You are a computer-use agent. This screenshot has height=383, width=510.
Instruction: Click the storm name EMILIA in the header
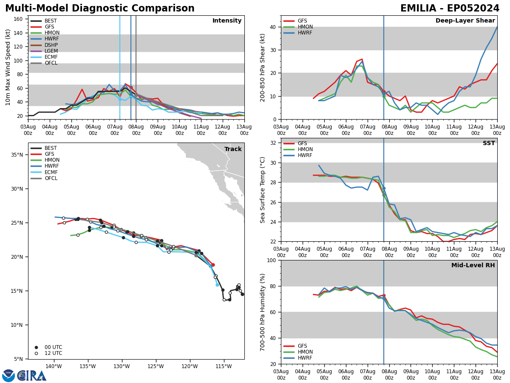(x=419, y=9)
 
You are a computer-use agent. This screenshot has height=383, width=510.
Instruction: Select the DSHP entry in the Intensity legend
(x=51, y=45)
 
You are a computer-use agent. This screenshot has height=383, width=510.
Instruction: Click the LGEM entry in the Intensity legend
(x=51, y=51)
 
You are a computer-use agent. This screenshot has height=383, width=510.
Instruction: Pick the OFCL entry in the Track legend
(x=51, y=178)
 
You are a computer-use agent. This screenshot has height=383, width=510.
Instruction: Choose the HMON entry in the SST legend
(x=305, y=149)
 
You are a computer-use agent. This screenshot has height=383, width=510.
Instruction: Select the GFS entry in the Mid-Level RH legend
(x=302, y=346)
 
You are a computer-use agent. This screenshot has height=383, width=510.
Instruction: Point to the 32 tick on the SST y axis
(x=274, y=143)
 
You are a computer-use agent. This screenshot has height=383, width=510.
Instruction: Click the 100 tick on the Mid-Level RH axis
(x=272, y=260)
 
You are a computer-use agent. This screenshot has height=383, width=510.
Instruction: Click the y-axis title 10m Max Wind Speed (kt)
(x=8, y=67)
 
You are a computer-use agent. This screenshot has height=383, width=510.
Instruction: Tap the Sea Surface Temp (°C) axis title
(x=263, y=190)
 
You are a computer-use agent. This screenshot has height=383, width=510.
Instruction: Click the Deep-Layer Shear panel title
(x=465, y=21)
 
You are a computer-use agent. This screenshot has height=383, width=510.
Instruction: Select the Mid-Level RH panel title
(x=473, y=266)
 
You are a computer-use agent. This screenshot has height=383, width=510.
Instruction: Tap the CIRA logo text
(x=31, y=376)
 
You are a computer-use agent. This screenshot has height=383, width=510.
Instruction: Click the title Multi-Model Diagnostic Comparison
(x=100, y=9)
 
